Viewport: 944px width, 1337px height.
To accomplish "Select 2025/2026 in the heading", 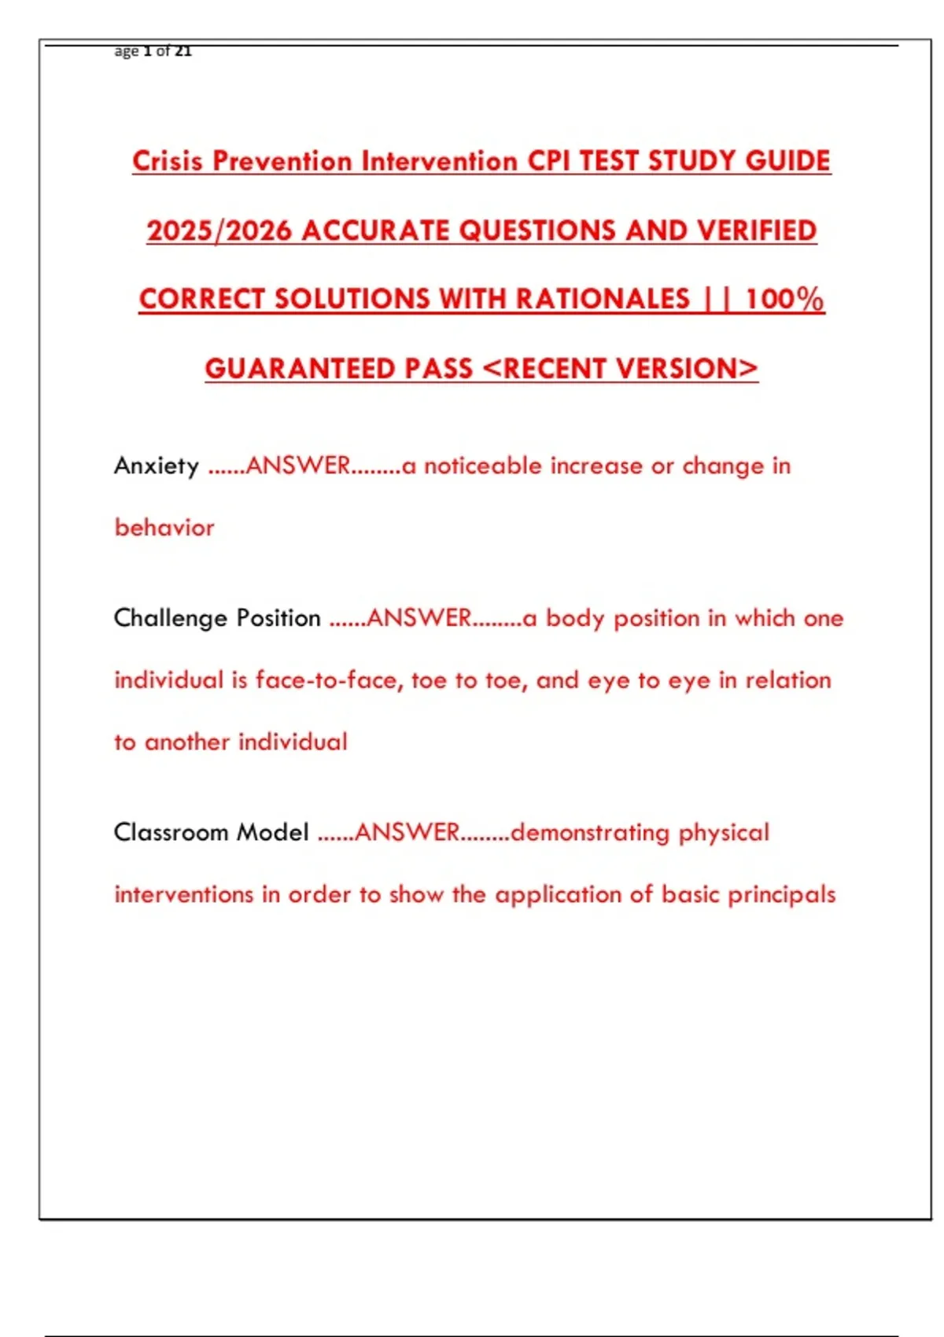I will pyautogui.click(x=219, y=230).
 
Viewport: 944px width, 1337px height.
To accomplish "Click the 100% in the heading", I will pyautogui.click(x=784, y=300).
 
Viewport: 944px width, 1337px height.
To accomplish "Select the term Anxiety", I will pyautogui.click(x=157, y=466).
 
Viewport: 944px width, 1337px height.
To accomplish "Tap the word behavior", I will pyautogui.click(x=164, y=527).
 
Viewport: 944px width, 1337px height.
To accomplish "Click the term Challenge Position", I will pyautogui.click(x=217, y=618).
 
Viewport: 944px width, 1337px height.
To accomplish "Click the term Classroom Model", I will pyautogui.click(x=211, y=832).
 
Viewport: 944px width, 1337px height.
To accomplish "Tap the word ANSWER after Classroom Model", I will pyautogui.click(x=407, y=832).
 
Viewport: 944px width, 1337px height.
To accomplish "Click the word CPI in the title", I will pyautogui.click(x=549, y=161).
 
